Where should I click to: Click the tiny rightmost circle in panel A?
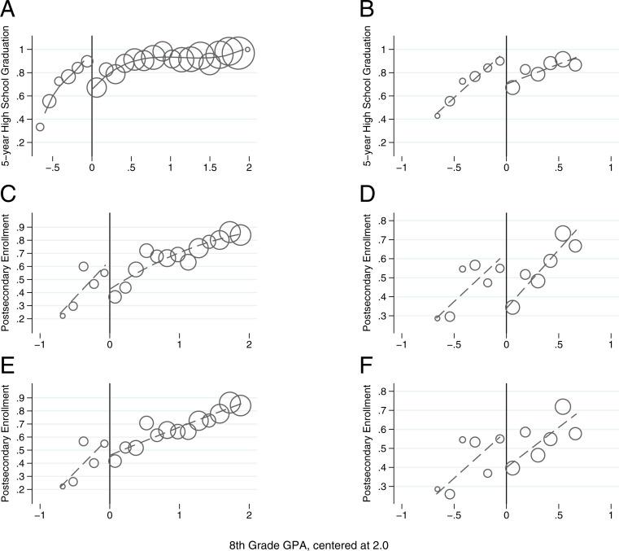(x=247, y=49)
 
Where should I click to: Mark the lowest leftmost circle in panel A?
(x=40, y=127)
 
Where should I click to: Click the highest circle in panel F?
(x=562, y=407)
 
